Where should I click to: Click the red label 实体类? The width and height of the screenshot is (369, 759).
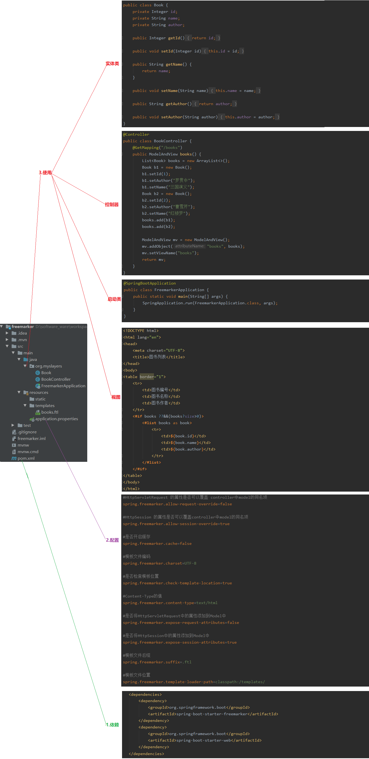(x=112, y=64)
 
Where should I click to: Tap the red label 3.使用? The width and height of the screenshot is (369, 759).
(x=45, y=173)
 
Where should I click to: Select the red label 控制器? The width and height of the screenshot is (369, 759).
(x=112, y=204)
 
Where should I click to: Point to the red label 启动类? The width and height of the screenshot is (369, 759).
(x=114, y=299)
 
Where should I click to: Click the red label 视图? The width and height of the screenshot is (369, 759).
(x=115, y=397)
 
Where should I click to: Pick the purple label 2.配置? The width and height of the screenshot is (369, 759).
(x=112, y=540)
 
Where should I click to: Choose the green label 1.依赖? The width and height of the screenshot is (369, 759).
(x=112, y=725)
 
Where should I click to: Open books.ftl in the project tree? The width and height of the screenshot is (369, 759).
(x=50, y=412)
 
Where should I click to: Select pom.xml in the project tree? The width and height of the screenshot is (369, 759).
(x=26, y=458)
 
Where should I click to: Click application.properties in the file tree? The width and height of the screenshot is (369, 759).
(x=56, y=419)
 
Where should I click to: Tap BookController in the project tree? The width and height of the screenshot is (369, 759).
(x=56, y=379)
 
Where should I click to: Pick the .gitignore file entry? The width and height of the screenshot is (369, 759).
(x=27, y=432)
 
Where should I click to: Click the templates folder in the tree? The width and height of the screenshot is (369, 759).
(x=45, y=406)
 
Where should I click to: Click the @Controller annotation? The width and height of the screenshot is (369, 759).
(x=136, y=134)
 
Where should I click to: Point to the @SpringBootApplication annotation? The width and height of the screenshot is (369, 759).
(x=149, y=283)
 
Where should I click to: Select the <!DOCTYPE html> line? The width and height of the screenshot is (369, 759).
(x=141, y=331)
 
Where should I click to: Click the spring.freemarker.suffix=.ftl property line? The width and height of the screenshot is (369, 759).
(x=157, y=662)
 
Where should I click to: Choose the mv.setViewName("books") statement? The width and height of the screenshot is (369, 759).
(x=170, y=253)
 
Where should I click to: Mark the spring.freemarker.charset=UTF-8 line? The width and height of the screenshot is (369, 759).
(x=159, y=563)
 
